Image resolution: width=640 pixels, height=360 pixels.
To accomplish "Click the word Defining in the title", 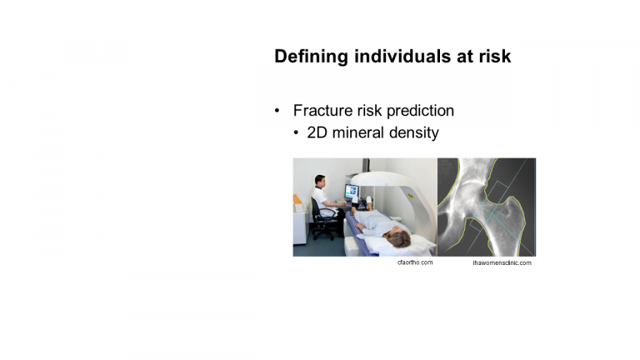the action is [311, 57].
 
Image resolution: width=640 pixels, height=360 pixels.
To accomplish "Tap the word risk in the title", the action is [495, 56].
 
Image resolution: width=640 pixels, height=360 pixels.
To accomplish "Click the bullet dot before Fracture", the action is [277, 111].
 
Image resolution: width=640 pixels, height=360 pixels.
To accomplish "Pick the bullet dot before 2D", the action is [297, 132].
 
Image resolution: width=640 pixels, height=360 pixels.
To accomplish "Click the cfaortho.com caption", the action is [415, 262].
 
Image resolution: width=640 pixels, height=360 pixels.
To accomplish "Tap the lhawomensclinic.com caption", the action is [502, 262].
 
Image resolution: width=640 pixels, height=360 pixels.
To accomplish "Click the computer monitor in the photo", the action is [352, 191].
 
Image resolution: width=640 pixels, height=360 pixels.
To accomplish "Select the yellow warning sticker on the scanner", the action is [410, 197].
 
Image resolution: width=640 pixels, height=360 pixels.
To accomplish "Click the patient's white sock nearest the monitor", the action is [369, 200].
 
